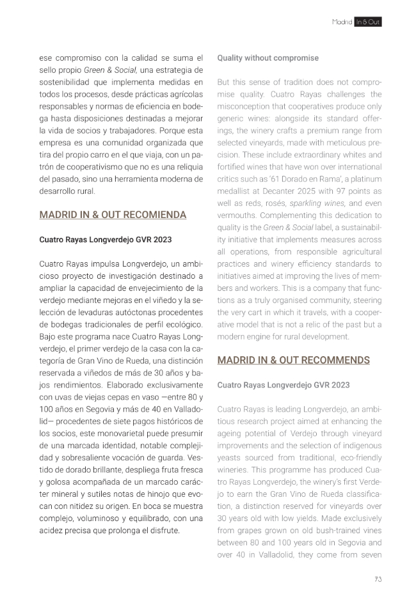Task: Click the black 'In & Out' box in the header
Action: (368, 22)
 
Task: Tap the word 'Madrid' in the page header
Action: (342, 22)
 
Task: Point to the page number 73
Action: (378, 579)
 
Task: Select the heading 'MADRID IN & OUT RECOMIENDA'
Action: (113, 215)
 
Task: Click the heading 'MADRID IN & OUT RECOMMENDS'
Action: (294, 360)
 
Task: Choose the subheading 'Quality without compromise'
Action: (268, 58)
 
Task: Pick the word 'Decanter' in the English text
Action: (285, 192)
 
